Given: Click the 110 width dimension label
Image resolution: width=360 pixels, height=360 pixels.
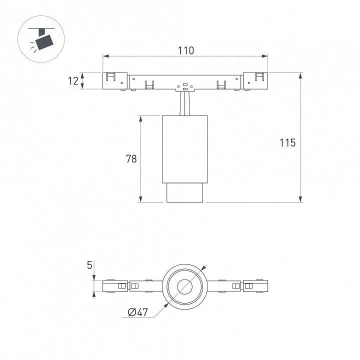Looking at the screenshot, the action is point(186,50).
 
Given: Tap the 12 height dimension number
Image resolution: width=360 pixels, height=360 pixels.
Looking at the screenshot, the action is point(73,81).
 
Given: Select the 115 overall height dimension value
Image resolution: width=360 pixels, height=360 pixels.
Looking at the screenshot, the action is point(287,142).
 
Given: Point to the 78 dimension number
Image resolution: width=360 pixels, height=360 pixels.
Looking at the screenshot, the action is point(131,158).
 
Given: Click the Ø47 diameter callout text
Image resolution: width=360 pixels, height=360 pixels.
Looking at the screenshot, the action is point(138,312).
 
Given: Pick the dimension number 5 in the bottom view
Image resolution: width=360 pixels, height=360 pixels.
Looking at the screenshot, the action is point(89,265).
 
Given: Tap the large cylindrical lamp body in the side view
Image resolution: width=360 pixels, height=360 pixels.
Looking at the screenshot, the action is point(185,149).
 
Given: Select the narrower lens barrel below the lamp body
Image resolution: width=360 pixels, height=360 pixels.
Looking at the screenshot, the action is point(185,192).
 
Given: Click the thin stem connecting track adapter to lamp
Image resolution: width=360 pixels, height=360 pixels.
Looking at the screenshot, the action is point(185,103).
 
